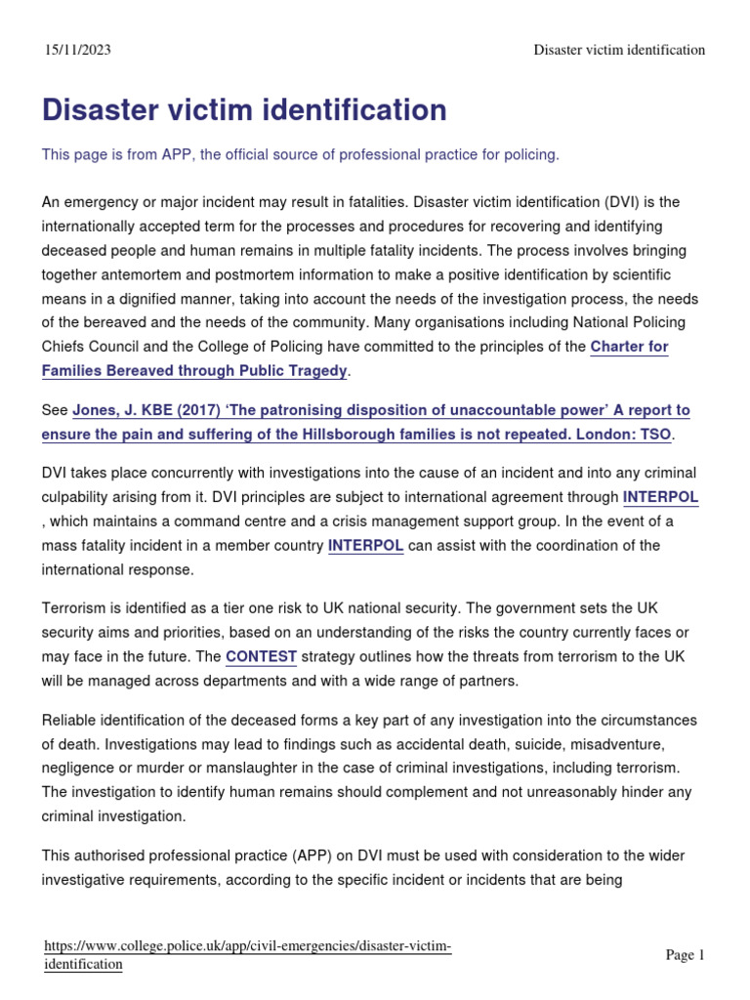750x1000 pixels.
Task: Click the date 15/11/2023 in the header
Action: pyautogui.click(x=78, y=50)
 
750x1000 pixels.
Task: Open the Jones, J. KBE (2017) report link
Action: pyautogui.click(x=381, y=411)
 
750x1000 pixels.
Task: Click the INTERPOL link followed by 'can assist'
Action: pyautogui.click(x=366, y=545)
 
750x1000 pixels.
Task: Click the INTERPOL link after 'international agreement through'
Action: pyautogui.click(x=660, y=497)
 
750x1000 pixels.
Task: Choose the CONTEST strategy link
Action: pyautogui.click(x=261, y=656)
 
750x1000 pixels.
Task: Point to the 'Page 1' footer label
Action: pyautogui.click(x=685, y=955)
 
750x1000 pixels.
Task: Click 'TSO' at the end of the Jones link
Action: pyautogui.click(x=657, y=434)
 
